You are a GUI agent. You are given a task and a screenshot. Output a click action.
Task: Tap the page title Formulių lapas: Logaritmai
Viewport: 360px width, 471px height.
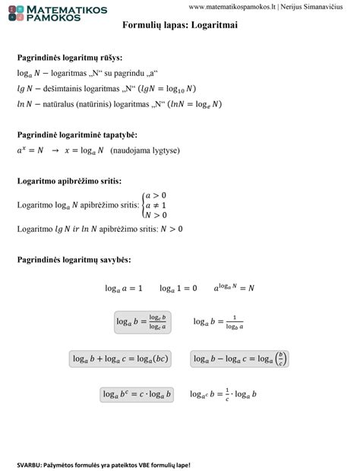point(179,25)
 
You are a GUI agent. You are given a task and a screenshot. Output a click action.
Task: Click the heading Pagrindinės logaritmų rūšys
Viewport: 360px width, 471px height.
point(70,58)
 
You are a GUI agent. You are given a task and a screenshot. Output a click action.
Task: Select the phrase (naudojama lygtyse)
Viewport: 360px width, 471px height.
point(145,150)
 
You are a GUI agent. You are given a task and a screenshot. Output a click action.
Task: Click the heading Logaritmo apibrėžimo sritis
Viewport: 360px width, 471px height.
point(69,182)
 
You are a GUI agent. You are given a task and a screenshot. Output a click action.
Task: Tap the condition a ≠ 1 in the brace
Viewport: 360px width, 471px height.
point(155,205)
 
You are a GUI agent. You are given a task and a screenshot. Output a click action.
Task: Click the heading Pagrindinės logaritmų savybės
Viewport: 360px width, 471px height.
point(74,260)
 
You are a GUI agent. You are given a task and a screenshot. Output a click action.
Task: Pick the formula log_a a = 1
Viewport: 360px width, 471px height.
point(123,289)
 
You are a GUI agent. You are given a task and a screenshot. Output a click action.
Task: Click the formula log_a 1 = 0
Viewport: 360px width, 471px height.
point(178,289)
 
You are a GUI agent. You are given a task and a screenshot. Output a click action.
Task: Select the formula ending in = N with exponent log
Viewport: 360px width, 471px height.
point(234,288)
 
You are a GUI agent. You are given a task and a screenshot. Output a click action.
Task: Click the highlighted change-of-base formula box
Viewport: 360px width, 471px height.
point(142,322)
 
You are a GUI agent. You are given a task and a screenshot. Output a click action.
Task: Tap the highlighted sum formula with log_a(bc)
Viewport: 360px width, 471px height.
point(122,359)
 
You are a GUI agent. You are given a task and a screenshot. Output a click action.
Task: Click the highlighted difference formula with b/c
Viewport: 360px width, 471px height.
point(239,359)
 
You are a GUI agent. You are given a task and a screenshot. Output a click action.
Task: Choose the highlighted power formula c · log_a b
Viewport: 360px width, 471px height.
point(137,394)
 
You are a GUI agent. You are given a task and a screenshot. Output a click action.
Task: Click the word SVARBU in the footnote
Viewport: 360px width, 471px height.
point(30,464)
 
